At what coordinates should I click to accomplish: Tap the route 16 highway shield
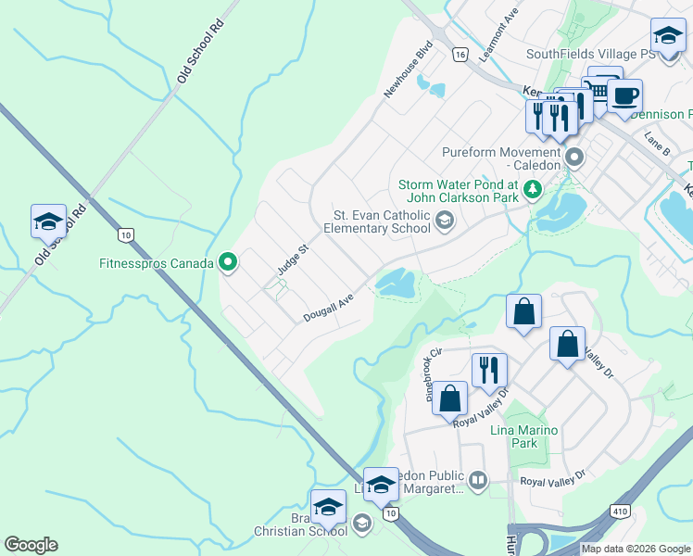pyautogui.click(x=460, y=56)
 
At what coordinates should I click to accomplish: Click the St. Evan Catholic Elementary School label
pyautogui.click(x=382, y=222)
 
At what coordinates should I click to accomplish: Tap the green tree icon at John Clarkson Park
pyautogui.click(x=532, y=190)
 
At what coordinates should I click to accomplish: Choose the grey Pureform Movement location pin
pyautogui.click(x=574, y=158)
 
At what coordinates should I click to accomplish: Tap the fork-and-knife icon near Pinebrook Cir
pyautogui.click(x=489, y=370)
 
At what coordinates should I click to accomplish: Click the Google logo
pyautogui.click(x=31, y=545)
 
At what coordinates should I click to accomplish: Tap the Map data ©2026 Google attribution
pyautogui.click(x=636, y=549)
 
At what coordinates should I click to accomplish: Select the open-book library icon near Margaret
pyautogui.click(x=477, y=480)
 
